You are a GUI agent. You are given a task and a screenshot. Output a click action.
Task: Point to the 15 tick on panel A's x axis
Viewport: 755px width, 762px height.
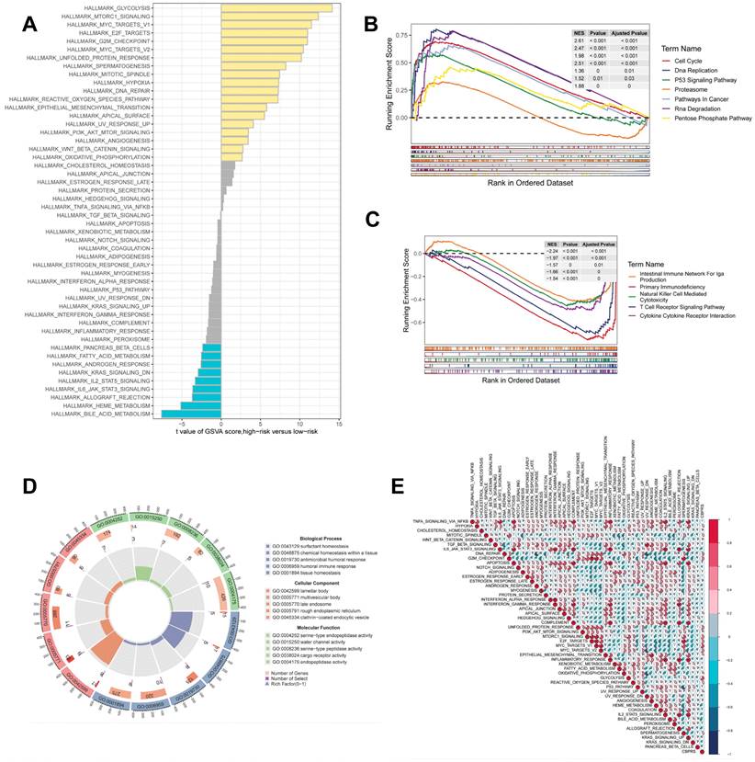click(340, 426)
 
